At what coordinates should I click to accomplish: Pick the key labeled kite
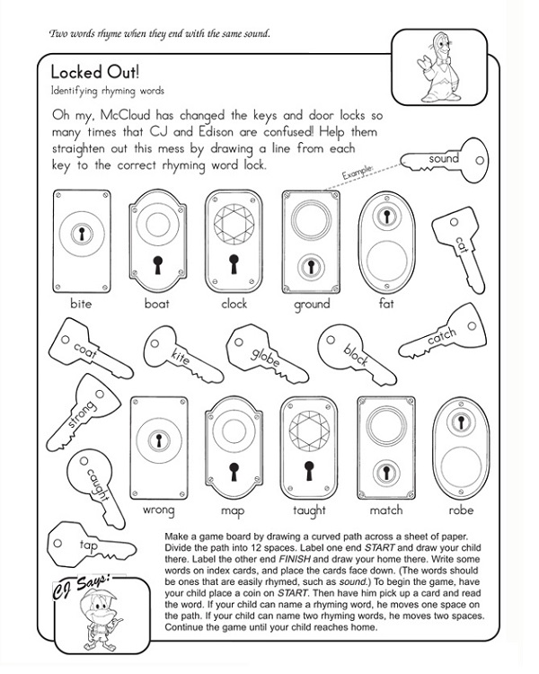point(175,352)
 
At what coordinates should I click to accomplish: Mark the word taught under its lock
point(310,510)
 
